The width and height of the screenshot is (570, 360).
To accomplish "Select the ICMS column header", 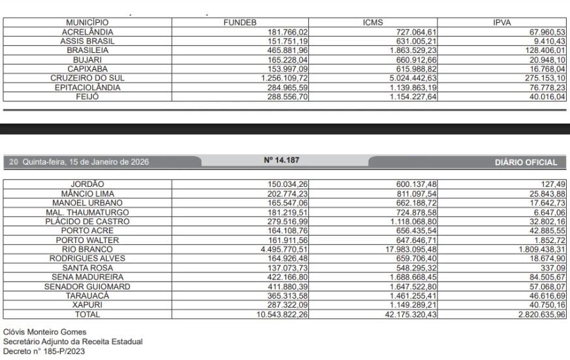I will pyautogui.click(x=372, y=22).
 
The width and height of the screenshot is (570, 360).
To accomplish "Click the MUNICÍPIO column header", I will pyautogui.click(x=87, y=22).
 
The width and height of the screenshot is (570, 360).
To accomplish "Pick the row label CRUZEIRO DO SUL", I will pyautogui.click(x=87, y=78).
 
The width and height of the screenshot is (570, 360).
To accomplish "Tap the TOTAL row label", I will pyautogui.click(x=87, y=314).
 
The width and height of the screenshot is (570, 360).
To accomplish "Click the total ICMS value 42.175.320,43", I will pyautogui.click(x=405, y=314).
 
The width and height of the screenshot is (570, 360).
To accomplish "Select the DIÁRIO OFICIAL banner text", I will pyautogui.click(x=526, y=162).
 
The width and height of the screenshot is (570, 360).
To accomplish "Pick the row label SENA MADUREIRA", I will pyautogui.click(x=87, y=277).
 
